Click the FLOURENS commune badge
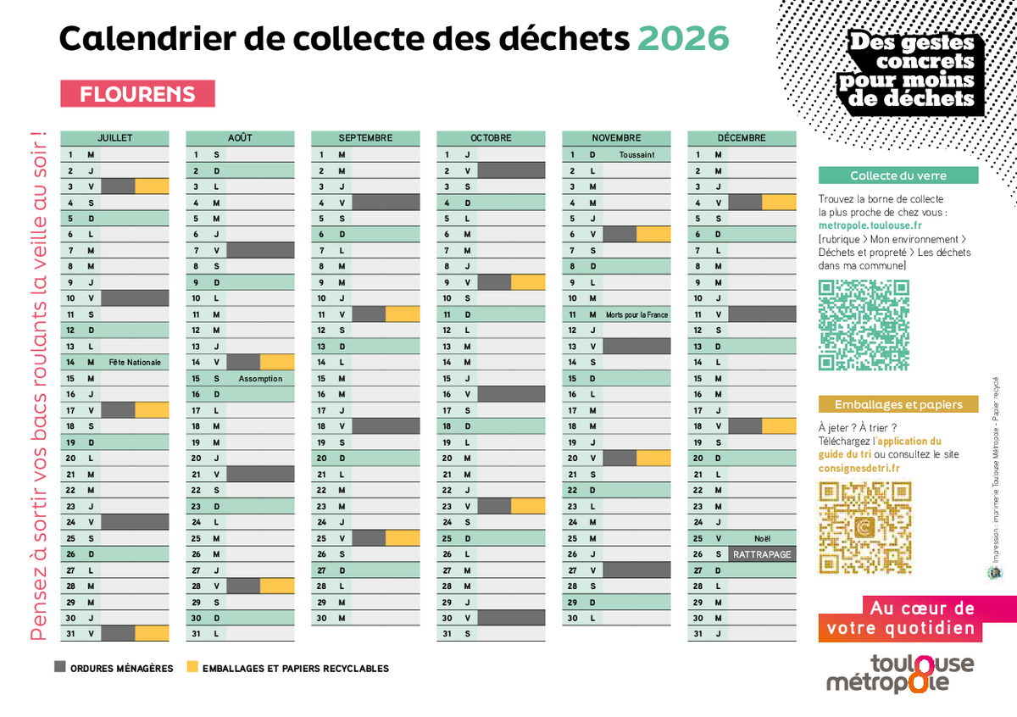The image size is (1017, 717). tap(137, 94)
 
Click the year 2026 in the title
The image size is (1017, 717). tap(682, 38)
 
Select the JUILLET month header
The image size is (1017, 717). tap(114, 137)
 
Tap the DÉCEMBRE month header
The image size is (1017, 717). tap(742, 137)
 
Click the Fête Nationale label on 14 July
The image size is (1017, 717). tap(135, 362)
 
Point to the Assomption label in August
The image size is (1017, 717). tap(260, 379)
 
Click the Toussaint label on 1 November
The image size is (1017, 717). tap(636, 154)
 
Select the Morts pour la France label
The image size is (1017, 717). tap(636, 314)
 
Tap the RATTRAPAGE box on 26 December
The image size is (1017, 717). tap(763, 554)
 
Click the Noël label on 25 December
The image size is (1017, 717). tap(762, 538)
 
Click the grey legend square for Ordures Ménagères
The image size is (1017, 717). tap(59, 667)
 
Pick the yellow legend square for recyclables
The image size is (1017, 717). tap(192, 667)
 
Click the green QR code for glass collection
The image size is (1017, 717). tap(864, 325)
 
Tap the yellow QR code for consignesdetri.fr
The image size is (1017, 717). tap(864, 527)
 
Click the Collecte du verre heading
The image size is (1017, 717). tap(898, 175)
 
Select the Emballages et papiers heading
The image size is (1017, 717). tap(898, 404)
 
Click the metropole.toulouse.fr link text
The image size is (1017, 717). tap(870, 226)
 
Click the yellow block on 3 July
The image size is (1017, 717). tap(152, 186)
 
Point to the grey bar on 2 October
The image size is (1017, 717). tap(511, 170)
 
